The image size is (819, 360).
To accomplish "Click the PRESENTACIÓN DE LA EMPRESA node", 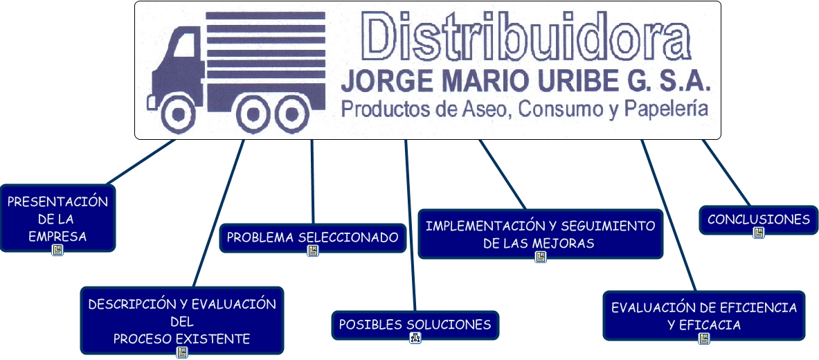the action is (x=57, y=217).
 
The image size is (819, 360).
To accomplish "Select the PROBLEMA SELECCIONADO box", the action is (x=312, y=237).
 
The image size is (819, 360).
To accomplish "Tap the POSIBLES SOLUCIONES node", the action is (x=415, y=324).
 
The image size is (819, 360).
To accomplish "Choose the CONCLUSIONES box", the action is (x=758, y=219).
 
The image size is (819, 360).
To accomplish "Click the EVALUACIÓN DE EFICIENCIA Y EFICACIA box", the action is (x=703, y=315).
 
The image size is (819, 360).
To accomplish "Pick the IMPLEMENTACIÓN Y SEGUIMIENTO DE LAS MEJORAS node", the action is (x=540, y=234).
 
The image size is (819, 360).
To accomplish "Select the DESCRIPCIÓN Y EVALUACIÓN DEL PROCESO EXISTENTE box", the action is (x=181, y=321).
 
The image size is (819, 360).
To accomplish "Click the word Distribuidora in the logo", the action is (x=523, y=39).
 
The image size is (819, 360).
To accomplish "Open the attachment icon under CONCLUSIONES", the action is (x=758, y=233).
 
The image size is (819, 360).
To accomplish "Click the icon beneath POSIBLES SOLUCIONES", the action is (x=415, y=338).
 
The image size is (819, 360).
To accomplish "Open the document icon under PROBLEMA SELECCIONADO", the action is (x=312, y=251).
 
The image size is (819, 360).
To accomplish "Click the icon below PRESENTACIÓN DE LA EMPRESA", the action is (x=57, y=250).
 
